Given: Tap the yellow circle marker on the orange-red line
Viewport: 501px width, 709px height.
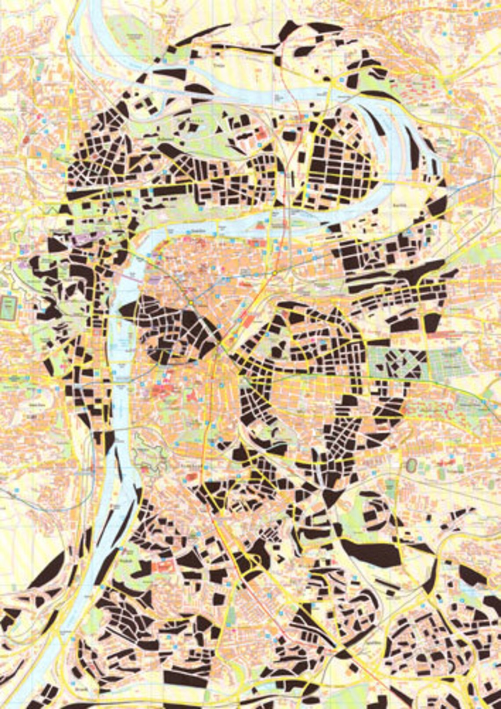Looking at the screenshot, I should coord(273,273).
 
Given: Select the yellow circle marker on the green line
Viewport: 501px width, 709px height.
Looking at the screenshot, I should coord(192,302).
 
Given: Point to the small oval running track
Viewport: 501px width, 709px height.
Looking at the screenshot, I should coord(412,465).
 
